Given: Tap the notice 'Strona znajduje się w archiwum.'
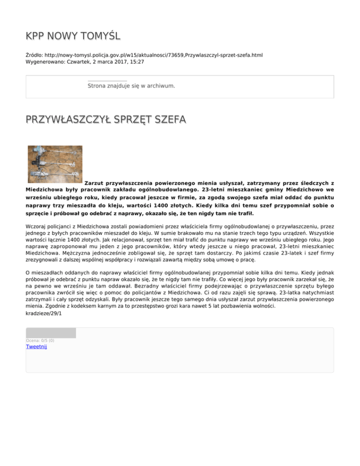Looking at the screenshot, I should point(131,86).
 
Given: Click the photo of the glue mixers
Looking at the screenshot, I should point(55,164).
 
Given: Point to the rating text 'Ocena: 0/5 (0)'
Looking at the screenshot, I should point(40,340).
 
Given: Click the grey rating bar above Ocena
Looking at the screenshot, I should point(51,333).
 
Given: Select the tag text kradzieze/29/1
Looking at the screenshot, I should point(43,313).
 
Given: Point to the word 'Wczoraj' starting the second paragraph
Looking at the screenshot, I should point(37,226).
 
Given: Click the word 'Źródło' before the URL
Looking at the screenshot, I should point(35,55).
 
